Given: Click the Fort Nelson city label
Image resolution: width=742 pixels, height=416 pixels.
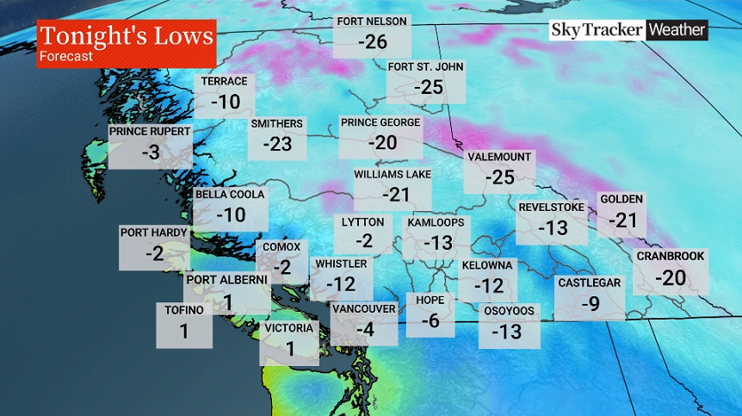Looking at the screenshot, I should pyautogui.click(x=372, y=22).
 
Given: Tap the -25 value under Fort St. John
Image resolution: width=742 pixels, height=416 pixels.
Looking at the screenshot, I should pyautogui.click(x=428, y=87).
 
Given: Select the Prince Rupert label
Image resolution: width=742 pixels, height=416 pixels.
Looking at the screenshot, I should pyautogui.click(x=149, y=132).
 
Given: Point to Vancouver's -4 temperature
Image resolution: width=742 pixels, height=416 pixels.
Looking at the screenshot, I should pyautogui.click(x=365, y=328).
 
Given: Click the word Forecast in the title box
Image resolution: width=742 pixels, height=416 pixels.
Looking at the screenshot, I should pyautogui.click(x=65, y=57).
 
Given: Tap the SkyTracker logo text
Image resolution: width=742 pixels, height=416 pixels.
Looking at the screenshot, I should pyautogui.click(x=597, y=30).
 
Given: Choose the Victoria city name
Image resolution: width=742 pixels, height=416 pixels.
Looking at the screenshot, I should pyautogui.click(x=289, y=328).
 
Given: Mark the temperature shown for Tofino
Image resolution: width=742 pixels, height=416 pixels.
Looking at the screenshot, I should pyautogui.click(x=184, y=331).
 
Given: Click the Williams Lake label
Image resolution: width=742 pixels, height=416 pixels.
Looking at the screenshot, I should pyautogui.click(x=393, y=175).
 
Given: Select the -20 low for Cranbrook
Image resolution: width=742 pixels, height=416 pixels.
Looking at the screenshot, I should pyautogui.click(x=671, y=277).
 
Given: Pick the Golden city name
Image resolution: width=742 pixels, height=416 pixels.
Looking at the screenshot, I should pyautogui.click(x=621, y=200).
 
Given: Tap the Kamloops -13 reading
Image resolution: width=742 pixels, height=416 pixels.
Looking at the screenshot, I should pyautogui.click(x=437, y=243).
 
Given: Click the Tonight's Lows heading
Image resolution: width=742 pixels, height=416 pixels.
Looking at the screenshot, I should pyautogui.click(x=126, y=36).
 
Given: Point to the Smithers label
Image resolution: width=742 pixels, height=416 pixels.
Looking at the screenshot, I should pyautogui.click(x=277, y=124).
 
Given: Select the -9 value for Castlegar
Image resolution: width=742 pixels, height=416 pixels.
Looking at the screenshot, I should pyautogui.click(x=590, y=303).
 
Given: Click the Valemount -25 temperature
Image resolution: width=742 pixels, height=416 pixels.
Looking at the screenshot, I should pyautogui.click(x=499, y=177).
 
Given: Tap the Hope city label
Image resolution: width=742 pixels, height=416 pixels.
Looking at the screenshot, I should pyautogui.click(x=430, y=301).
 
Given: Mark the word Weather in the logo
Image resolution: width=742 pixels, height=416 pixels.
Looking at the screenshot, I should pyautogui.click(x=677, y=30).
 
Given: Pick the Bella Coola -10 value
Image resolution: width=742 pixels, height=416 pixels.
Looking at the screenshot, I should pyautogui.click(x=230, y=214).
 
